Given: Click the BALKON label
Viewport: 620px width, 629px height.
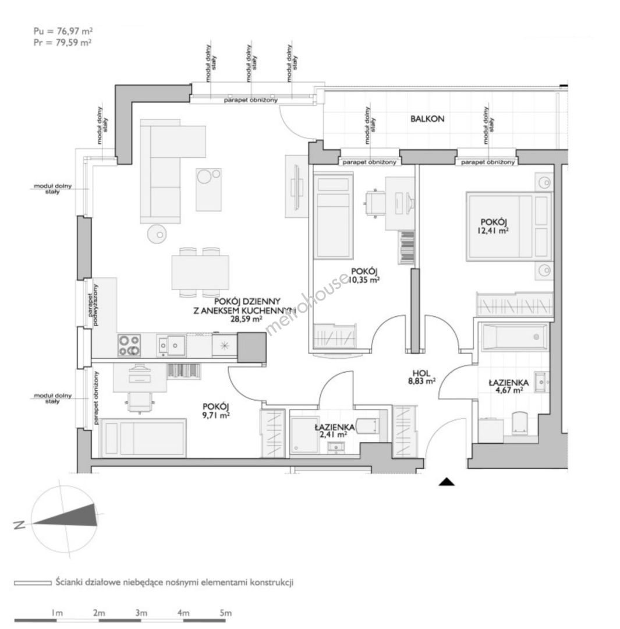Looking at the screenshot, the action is [x=427, y=119].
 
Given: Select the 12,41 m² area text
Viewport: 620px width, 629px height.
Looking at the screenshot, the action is [x=493, y=231].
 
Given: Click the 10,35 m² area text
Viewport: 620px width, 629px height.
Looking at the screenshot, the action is [x=363, y=280].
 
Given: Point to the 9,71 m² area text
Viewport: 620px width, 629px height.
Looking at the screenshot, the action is [x=216, y=416].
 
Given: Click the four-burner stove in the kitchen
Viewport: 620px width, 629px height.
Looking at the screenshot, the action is [x=129, y=345].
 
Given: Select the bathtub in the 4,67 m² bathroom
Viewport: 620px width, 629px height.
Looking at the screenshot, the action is [x=515, y=337].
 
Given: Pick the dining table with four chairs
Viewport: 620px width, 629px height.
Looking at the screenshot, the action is [x=200, y=273].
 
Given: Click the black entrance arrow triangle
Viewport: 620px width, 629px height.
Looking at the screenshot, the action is [x=447, y=482].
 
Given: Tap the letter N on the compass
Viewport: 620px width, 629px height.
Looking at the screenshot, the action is [x=19, y=525].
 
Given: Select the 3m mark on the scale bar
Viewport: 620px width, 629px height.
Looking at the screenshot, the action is [x=141, y=613].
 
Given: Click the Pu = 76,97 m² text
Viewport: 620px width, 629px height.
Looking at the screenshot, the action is [x=63, y=31].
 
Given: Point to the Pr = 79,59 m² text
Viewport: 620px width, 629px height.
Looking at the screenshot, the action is [x=62, y=42].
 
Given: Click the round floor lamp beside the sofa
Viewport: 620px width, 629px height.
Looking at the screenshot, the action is [x=157, y=234].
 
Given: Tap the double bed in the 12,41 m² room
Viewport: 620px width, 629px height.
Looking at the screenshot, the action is [x=509, y=227].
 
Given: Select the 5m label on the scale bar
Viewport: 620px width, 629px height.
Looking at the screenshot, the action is [x=226, y=613].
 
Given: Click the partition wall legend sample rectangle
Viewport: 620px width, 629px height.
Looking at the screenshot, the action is [x=33, y=582].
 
